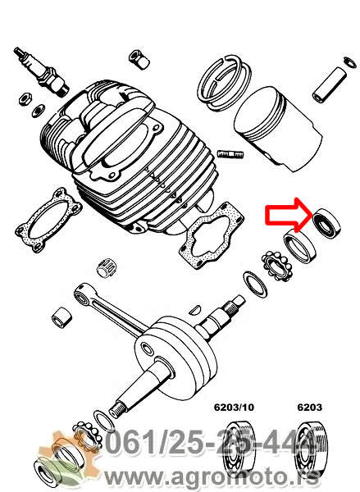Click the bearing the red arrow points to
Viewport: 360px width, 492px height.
pos(327,223)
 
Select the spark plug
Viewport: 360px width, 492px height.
pos(41,71)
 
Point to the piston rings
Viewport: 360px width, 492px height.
pos(224,83)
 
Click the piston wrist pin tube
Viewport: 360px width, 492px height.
pos(330,84)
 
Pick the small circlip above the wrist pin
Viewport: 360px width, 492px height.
pos(350,61)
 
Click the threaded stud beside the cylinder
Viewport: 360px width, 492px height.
pos(230,154)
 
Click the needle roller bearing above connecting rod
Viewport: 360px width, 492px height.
pos(105,268)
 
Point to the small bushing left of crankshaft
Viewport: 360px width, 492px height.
pos(62,318)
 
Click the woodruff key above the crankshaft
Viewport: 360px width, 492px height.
pos(195,309)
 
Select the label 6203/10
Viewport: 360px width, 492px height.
pos(234,408)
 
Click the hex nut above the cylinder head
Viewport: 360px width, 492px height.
pos(139,59)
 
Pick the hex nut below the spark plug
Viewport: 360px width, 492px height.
pos(25,98)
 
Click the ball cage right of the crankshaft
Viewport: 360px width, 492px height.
pos(277,266)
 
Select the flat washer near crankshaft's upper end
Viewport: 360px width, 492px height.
pos(256,285)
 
